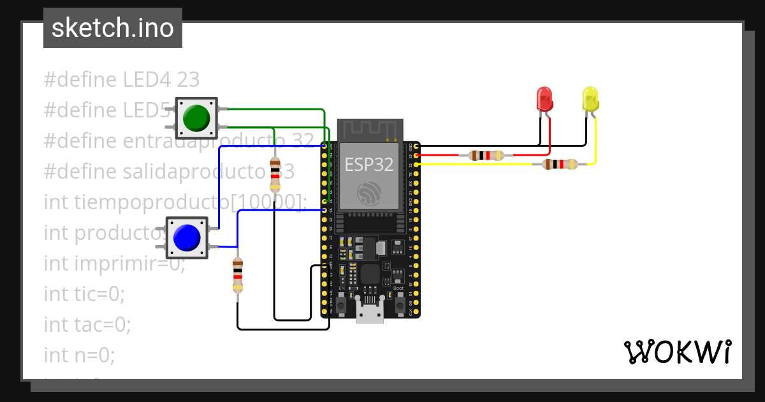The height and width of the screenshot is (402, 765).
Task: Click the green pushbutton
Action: click(x=196, y=118)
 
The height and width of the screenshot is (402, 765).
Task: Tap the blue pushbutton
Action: click(x=187, y=237)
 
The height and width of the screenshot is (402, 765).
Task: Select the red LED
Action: click(x=544, y=100)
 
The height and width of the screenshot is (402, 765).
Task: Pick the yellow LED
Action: click(x=590, y=100)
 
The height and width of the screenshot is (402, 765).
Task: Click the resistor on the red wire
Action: click(x=486, y=155)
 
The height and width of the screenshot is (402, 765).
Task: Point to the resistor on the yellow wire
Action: click(x=560, y=165)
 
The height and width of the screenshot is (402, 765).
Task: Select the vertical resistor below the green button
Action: click(x=275, y=174)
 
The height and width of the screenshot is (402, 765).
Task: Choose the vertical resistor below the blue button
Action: click(x=238, y=275)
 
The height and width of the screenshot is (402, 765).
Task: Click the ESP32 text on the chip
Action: click(x=369, y=165)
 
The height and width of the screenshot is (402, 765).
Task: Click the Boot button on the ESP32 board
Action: click(x=400, y=306)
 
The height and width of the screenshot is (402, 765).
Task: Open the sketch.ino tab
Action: click(x=113, y=28)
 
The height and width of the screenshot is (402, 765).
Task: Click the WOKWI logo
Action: click(x=677, y=352)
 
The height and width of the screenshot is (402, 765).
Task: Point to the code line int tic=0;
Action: click(x=84, y=294)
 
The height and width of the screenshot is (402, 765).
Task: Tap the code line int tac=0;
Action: click(x=87, y=324)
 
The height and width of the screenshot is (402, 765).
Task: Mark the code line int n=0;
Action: click(x=80, y=354)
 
